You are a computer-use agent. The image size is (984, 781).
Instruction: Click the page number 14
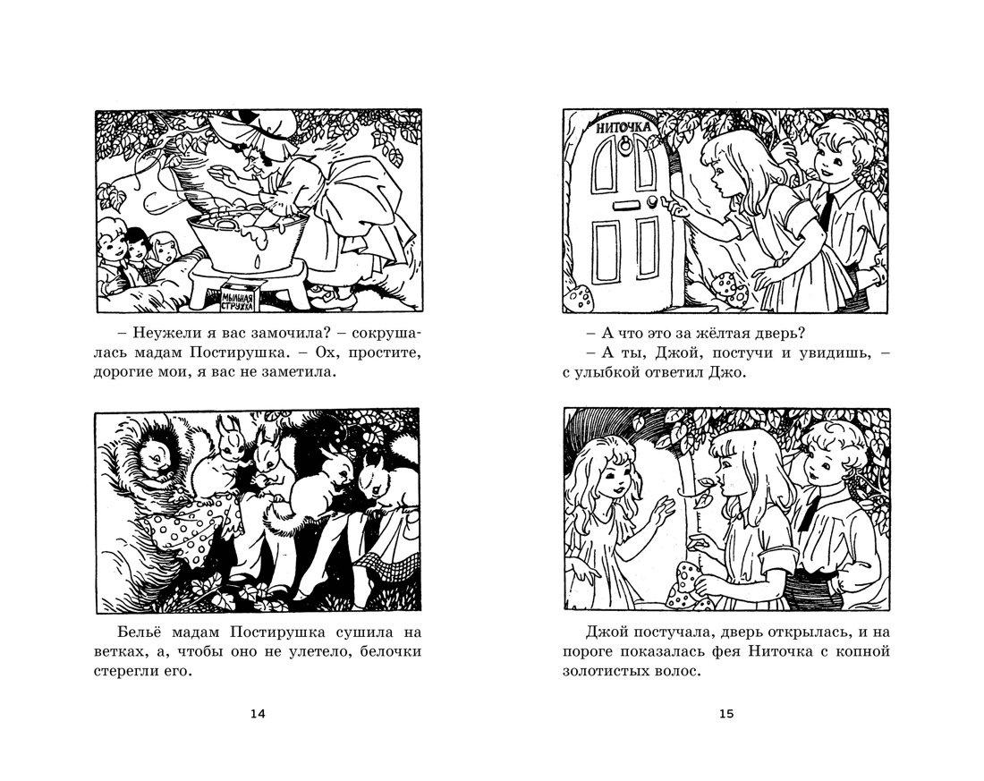point(258,713)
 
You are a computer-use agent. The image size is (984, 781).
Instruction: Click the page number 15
point(726,713)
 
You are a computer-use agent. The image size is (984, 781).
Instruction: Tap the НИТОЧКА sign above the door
point(623,127)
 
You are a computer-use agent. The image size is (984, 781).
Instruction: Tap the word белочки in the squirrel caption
point(390,651)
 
